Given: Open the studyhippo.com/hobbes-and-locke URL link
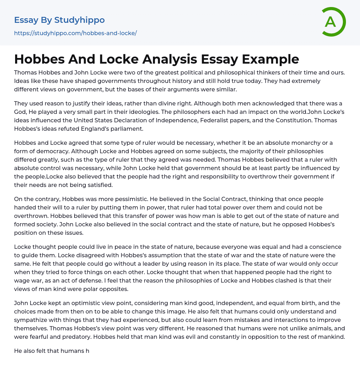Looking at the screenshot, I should (75, 33).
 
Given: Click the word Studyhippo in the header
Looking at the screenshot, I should (79, 20).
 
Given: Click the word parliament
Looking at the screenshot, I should (125, 129).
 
